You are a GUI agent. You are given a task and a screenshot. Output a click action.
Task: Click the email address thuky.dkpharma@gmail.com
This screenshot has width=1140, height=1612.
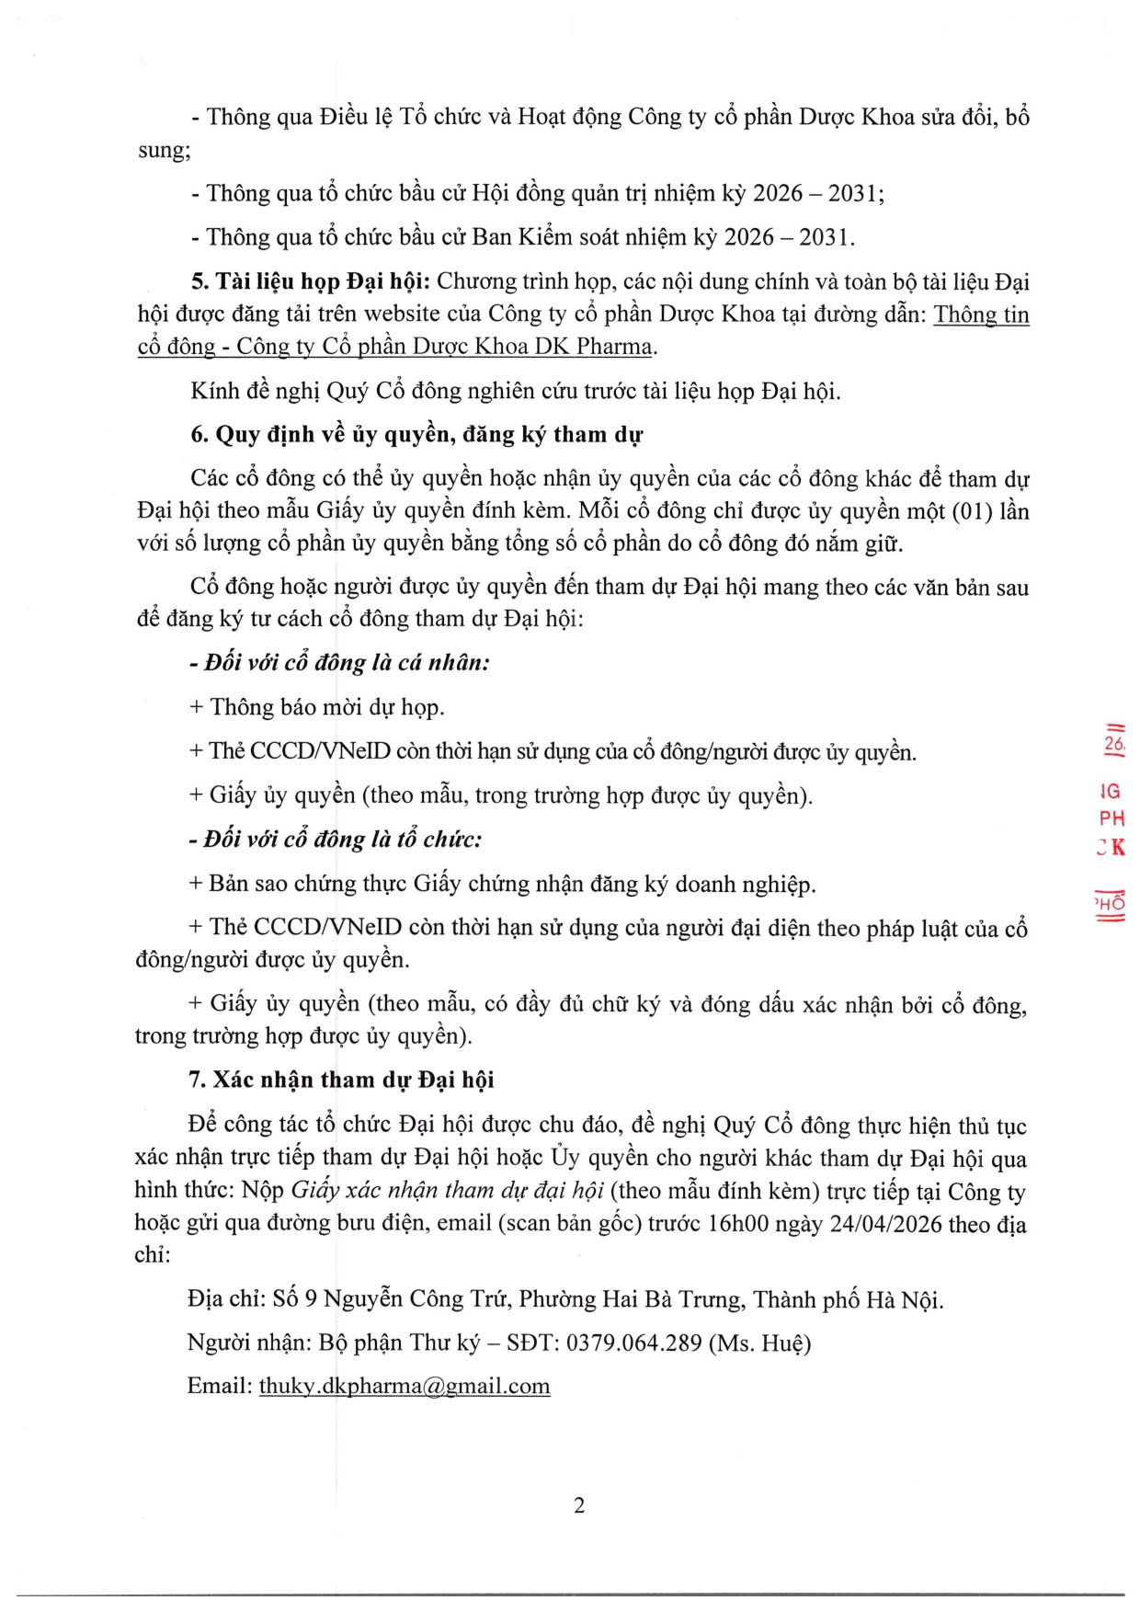pos(405,1386)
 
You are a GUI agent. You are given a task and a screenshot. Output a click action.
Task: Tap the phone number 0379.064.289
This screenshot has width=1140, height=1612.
pos(633,1343)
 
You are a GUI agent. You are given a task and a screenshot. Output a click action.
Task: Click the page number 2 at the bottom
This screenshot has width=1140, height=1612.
pos(579,1505)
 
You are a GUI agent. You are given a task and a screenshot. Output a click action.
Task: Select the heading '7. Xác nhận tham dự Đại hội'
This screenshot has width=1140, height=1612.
pos(341,1080)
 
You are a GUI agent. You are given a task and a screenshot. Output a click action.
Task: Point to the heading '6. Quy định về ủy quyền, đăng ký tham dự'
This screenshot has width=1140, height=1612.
pos(416,434)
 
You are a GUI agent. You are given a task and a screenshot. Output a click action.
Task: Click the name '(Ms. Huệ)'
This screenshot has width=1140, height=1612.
pos(759,1343)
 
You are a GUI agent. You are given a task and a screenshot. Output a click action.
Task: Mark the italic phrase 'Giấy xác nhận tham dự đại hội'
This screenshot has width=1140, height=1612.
pos(447,1191)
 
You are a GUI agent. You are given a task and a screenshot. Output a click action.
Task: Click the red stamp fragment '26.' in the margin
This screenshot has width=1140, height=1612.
pos(1114,744)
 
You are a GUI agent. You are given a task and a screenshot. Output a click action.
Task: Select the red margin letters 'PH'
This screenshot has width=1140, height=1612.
pos(1111,818)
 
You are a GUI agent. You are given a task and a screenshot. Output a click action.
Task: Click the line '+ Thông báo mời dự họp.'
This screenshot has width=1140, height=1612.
pos(316,706)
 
